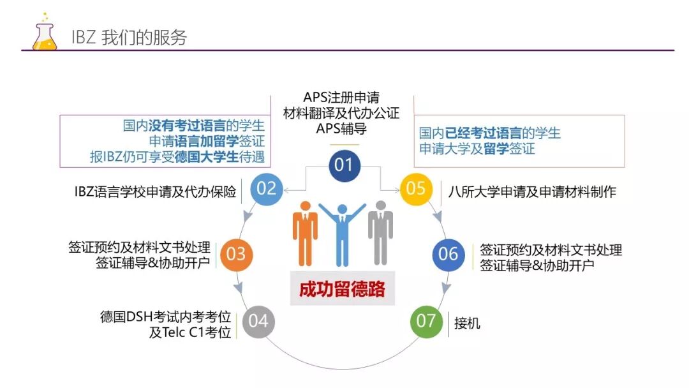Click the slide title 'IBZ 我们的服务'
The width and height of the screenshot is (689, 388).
(130, 37)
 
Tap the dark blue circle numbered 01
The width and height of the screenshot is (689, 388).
(344, 165)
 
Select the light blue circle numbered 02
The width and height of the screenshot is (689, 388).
(266, 188)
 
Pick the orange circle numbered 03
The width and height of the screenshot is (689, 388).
(236, 254)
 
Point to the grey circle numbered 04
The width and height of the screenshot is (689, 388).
(258, 320)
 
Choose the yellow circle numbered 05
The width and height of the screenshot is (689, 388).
(416, 188)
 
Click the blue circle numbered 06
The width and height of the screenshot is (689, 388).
(448, 254)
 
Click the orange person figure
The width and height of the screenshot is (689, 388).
(305, 233)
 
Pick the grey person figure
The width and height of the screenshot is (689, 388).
(380, 233)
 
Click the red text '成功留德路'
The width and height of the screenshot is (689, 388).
(343, 289)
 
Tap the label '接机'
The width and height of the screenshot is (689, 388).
(467, 324)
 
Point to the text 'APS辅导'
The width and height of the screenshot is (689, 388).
(341, 128)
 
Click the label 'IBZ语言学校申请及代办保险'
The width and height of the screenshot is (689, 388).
(155, 190)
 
